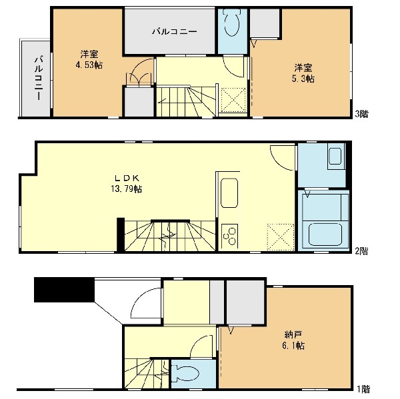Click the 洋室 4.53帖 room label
pos(89,60)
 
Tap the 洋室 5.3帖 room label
pos(303,73)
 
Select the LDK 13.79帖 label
pos(126,184)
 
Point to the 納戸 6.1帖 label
pos(293,340)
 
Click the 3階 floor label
pos(362,114)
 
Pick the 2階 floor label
pos(362,251)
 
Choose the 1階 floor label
pos(363,389)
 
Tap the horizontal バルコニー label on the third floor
pos(175,31)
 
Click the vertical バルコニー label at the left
pos(39,77)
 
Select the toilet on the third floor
pos(232,23)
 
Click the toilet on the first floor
pos(185,374)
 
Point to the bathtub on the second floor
pos(325,234)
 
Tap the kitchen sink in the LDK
pos(229,193)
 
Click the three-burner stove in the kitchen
pos(229,236)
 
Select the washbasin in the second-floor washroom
pos(335,156)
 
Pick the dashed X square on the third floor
pos(233,100)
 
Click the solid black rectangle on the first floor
pos(64,290)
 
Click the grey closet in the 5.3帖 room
pos(265,23)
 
